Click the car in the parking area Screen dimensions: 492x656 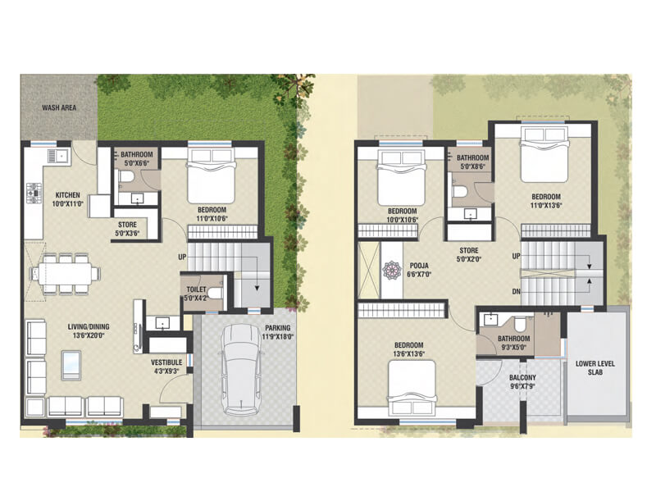243,369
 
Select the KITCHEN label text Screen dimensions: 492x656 68,195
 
